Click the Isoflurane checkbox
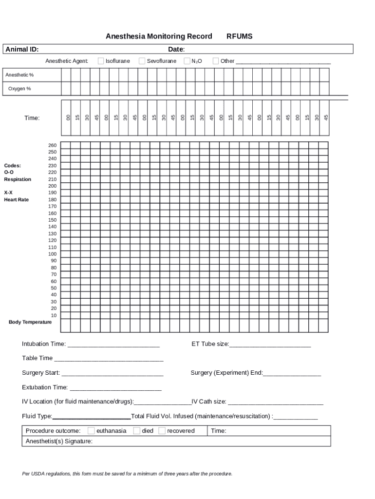pos(101,61)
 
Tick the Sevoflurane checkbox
pos(142,61)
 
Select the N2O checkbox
pos(187,61)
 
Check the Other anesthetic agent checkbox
pos(216,61)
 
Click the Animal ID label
pos(22,49)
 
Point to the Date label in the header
pos(176,49)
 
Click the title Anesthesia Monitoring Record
pos(159,37)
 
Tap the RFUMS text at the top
pos(239,37)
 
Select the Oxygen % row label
pos(19,89)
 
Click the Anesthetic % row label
pos(19,75)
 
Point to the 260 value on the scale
pos(52,145)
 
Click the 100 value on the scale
pos(52,254)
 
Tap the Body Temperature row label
pos(30,322)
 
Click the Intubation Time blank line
pos(113,345)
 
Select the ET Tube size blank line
pos(270,345)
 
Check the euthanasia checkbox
pos(91,431)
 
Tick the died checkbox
pos(137,431)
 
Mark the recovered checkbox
pos(162,431)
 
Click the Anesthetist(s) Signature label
pos(59,441)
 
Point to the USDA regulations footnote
pos(127,474)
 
